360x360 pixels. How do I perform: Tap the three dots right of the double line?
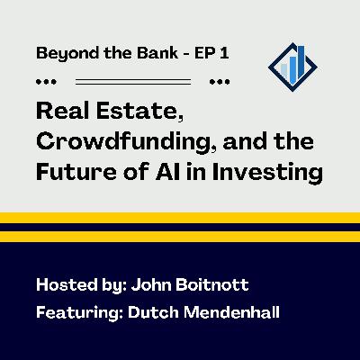coord(218,81)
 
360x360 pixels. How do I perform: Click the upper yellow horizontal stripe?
coord(180,218)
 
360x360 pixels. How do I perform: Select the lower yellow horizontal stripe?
coord(180,236)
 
